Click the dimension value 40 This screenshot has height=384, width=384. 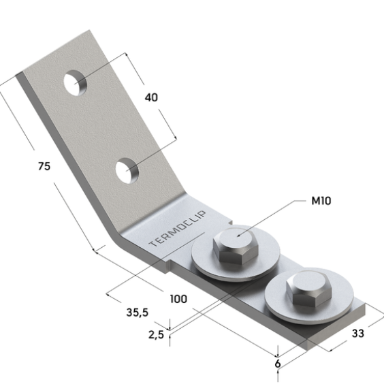point(151,97)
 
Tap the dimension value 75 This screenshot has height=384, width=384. point(44,166)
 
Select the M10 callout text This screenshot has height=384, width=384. point(321,201)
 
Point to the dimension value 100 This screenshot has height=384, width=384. point(178,299)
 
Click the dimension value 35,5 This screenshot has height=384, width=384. point(138,313)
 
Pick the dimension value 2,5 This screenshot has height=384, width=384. point(156,335)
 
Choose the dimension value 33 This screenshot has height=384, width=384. point(358,334)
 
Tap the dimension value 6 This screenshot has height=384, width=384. point(278,364)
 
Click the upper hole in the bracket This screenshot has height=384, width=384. point(75,83)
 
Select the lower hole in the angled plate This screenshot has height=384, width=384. point(127,171)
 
